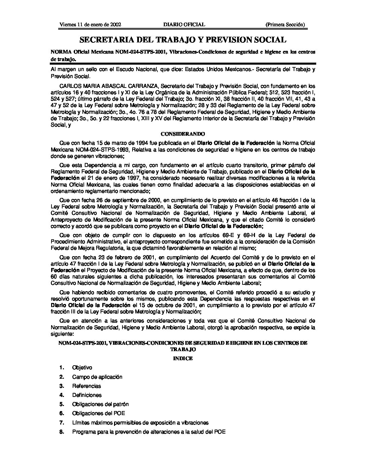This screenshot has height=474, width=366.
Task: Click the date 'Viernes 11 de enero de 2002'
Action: coord(90,25)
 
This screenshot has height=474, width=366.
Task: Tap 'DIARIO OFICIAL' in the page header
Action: coord(184,25)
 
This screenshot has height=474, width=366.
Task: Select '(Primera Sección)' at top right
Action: coord(285,25)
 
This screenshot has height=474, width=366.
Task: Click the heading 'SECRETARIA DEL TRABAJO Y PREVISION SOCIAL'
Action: coord(183,40)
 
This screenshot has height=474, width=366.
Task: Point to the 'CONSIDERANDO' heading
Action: coord(183,134)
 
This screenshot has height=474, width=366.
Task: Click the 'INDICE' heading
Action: coord(183,359)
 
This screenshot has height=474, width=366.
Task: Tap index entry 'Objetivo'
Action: coord(82,368)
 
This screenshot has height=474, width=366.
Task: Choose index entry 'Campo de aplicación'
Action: coord(97,377)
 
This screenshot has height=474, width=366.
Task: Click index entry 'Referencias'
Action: coord(86,386)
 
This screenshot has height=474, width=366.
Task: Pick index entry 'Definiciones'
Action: coord(87,395)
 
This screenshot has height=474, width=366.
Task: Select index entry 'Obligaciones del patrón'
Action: coord(100,404)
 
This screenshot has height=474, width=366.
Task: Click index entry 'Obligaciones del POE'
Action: coord(99,413)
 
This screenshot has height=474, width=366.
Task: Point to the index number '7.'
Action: coord(62,422)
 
